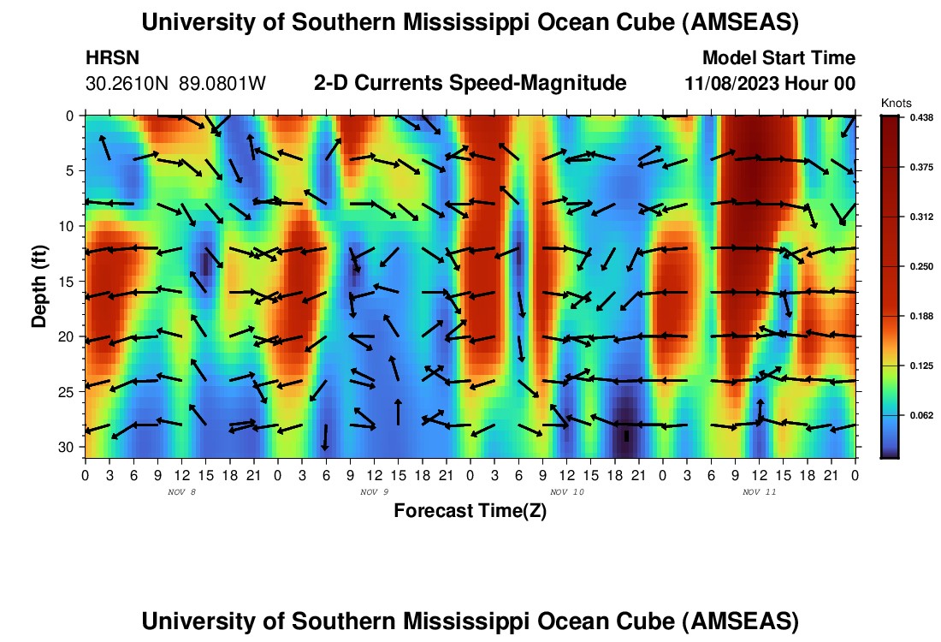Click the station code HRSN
(x=113, y=58)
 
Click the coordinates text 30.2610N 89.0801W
(x=176, y=84)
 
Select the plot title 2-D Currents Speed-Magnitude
(x=470, y=83)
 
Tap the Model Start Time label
(x=778, y=58)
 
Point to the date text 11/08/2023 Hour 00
(x=770, y=84)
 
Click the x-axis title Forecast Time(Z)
(x=470, y=511)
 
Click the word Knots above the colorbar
(x=896, y=104)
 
